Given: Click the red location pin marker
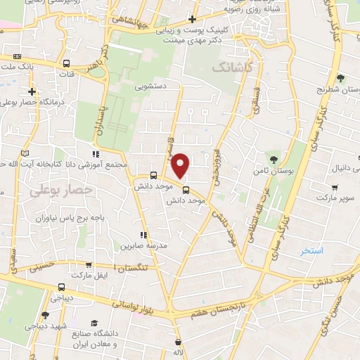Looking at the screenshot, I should click(181, 166).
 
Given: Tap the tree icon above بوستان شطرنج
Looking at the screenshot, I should click(341, 78).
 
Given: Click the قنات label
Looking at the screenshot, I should click(67, 73).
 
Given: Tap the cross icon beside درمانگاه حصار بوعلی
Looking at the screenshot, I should click(32, 91).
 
